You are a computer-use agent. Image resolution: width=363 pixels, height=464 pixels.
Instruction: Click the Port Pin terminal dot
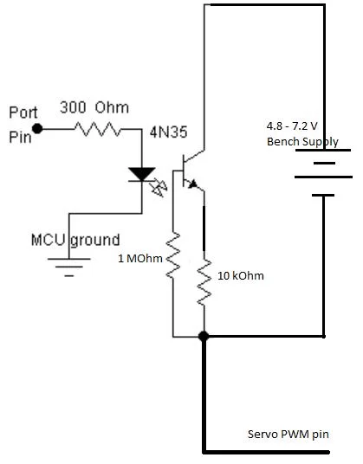click(x=37, y=129)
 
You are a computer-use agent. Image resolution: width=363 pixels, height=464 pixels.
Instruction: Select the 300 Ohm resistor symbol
click(x=97, y=129)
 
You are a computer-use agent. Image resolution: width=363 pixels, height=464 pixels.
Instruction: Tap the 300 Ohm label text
click(x=94, y=107)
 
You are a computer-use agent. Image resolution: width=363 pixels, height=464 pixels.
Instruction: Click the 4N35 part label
click(x=168, y=132)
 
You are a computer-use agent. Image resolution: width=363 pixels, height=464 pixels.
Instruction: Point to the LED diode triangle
click(x=142, y=174)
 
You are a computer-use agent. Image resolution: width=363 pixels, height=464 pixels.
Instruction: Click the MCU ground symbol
click(x=69, y=267)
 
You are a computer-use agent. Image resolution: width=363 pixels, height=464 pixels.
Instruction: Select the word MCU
click(x=48, y=240)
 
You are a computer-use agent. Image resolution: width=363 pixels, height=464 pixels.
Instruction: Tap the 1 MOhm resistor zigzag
click(x=173, y=255)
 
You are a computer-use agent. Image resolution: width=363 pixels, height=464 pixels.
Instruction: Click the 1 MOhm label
click(x=140, y=259)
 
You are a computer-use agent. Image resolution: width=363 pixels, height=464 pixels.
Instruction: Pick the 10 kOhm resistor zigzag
click(x=204, y=281)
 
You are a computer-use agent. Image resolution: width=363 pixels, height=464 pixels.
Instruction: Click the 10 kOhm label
click(x=241, y=276)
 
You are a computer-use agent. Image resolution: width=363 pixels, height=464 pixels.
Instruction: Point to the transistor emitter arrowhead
click(x=193, y=184)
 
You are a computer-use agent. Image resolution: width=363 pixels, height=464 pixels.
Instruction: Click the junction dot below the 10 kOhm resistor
click(x=204, y=336)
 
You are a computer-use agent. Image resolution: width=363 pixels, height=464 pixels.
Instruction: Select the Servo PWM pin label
click(x=288, y=434)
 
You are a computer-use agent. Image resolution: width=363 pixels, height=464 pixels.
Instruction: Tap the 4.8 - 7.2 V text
click(x=292, y=126)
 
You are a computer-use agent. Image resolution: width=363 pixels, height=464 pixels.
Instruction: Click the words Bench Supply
click(x=302, y=142)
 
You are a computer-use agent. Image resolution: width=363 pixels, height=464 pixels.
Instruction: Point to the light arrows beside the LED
click(x=159, y=189)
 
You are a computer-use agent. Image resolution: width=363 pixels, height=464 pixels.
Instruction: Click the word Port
click(x=23, y=113)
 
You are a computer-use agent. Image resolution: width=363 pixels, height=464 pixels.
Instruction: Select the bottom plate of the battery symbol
click(x=323, y=196)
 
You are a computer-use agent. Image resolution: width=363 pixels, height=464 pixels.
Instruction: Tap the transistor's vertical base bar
click(x=184, y=171)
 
